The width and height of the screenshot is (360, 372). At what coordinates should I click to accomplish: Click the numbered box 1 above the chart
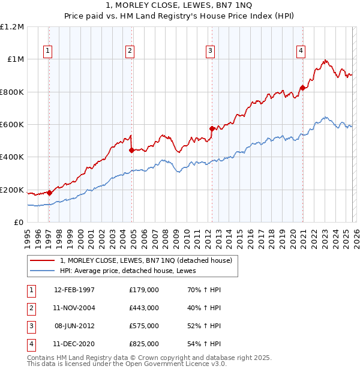point(47,52)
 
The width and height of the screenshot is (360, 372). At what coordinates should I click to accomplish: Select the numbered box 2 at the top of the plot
point(130,52)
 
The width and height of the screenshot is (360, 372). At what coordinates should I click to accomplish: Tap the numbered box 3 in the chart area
point(211,52)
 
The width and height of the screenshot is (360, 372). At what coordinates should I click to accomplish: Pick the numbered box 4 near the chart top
point(300,52)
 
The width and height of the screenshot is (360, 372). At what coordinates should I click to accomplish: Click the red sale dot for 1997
point(49,193)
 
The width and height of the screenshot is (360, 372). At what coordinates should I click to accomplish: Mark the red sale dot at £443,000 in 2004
point(131,150)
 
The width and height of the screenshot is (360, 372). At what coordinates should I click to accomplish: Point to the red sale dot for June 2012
point(212,128)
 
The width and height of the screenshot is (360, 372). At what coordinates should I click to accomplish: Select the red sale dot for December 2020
point(302,88)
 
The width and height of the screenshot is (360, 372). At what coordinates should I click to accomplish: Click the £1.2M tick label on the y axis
point(12,27)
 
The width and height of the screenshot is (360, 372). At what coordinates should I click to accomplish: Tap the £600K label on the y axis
point(12,125)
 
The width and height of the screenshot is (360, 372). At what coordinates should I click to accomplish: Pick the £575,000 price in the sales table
point(144,326)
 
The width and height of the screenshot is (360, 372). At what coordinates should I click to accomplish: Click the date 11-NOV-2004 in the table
point(74,308)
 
